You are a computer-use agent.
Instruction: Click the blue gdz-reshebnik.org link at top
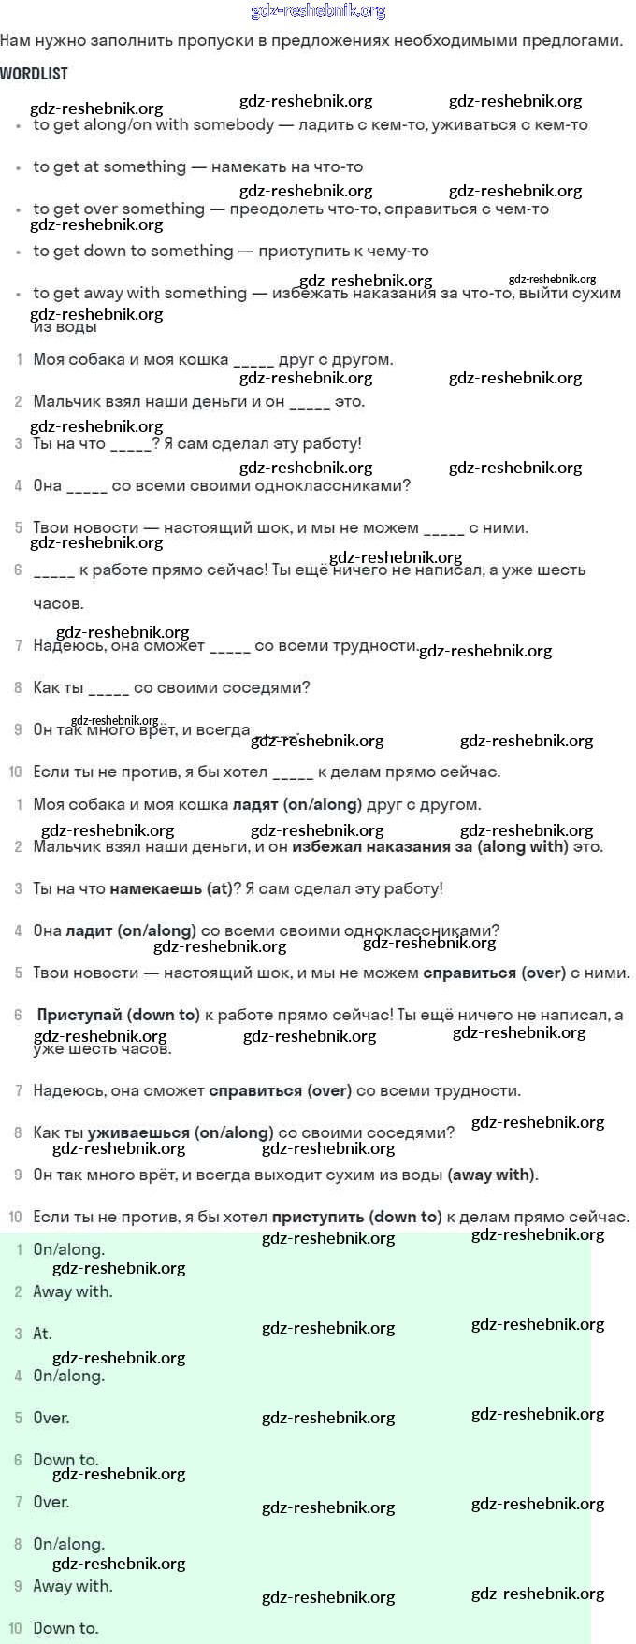(318, 11)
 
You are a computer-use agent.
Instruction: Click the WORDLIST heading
(35, 74)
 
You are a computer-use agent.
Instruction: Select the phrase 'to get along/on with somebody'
(153, 125)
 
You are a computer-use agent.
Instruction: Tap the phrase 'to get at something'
(109, 167)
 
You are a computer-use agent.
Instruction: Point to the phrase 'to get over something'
(119, 209)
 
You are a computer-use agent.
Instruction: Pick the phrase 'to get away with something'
(140, 294)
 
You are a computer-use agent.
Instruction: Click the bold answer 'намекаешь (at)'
(170, 889)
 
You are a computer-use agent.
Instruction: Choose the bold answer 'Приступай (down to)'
(118, 1016)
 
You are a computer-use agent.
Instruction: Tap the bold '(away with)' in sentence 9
(491, 1175)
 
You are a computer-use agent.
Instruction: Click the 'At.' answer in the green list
(42, 1334)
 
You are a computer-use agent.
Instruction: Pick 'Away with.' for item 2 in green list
(72, 1292)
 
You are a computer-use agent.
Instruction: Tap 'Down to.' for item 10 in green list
(65, 1629)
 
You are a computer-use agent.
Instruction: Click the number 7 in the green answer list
(18, 1503)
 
